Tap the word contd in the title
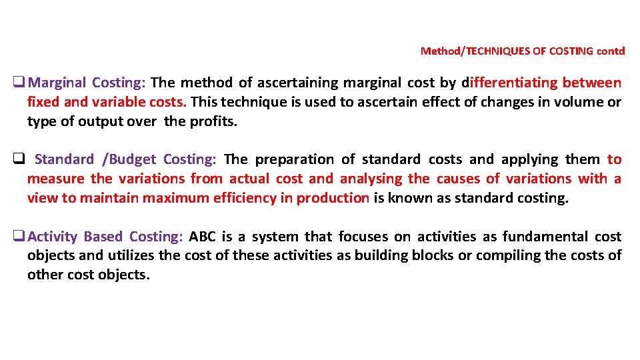[x=611, y=51]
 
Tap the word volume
[x=580, y=103]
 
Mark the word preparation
[x=294, y=160]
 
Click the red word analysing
[x=371, y=179]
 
